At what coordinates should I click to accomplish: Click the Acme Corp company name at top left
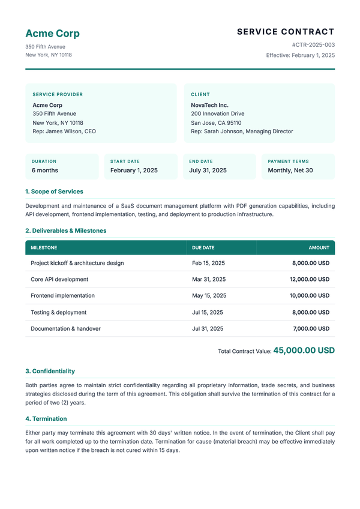pyautogui.click(x=52, y=34)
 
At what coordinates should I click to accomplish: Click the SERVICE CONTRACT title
pyautogui.click(x=286, y=32)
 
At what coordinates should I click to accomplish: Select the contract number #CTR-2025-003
pyautogui.click(x=313, y=45)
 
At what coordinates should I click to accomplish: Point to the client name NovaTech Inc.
pyautogui.click(x=209, y=105)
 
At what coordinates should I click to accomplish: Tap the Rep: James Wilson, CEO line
pyautogui.click(x=64, y=131)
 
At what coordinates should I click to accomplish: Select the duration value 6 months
pyautogui.click(x=45, y=170)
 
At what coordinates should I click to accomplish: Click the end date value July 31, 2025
pyautogui.click(x=208, y=170)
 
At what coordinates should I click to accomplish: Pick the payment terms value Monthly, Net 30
pyautogui.click(x=290, y=170)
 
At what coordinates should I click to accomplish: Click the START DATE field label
pyautogui.click(x=125, y=161)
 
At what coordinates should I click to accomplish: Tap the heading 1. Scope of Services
pyautogui.click(x=54, y=191)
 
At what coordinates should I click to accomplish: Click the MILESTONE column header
pyautogui.click(x=44, y=247)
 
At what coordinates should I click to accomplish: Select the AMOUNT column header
pyautogui.click(x=319, y=247)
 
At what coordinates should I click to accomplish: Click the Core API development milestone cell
pyautogui.click(x=59, y=279)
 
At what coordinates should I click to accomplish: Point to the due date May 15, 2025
pyautogui.click(x=209, y=295)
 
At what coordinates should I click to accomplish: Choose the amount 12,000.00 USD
pyautogui.click(x=309, y=279)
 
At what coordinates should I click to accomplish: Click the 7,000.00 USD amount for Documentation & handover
pyautogui.click(x=311, y=328)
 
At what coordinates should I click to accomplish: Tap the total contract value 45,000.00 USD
pyautogui.click(x=304, y=351)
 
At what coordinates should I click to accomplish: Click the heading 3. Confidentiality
pyautogui.click(x=50, y=371)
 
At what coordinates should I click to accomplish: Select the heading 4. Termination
pyautogui.click(x=46, y=418)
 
